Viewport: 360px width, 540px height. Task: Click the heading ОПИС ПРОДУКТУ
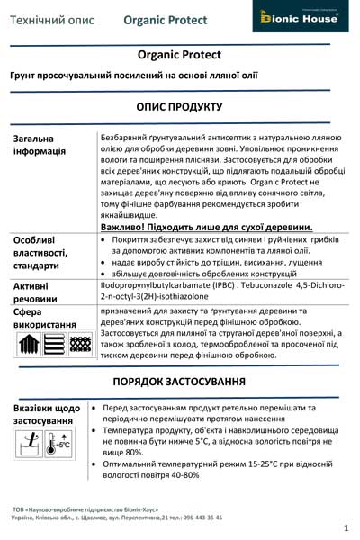180,107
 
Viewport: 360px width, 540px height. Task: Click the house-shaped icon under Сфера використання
28,343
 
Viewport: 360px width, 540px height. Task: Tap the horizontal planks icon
53,343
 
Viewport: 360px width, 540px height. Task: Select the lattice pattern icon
79,343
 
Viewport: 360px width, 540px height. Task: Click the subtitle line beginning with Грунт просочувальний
134,75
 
